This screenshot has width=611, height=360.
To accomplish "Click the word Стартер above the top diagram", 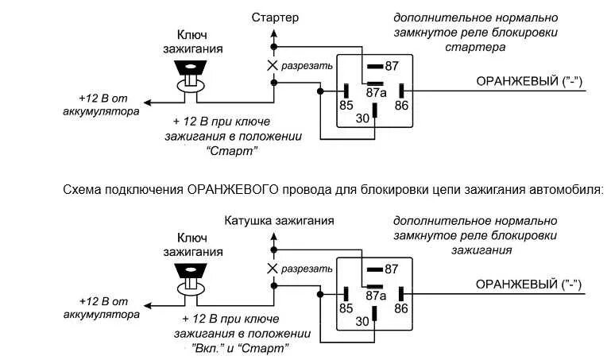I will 275,17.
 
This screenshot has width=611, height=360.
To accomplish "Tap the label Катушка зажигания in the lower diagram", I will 279,220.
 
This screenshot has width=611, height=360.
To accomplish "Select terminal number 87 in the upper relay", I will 392,66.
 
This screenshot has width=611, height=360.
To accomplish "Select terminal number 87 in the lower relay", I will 392,269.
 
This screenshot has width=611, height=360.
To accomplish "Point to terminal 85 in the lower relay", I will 346,307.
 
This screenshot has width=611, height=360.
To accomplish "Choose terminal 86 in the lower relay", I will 401,307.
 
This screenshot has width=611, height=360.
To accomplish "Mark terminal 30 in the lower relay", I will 362,320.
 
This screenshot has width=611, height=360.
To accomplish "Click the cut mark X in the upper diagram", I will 273,66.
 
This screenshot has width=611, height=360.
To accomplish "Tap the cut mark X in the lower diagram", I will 273,269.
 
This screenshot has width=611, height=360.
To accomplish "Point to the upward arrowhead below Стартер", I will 274,34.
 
